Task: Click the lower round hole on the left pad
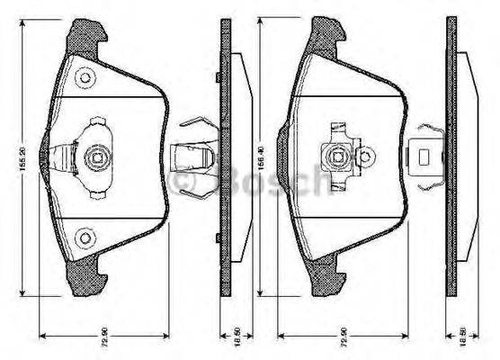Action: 85,238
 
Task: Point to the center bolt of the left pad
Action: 95,159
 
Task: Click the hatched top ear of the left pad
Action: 87,37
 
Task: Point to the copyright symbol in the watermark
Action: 185,184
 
